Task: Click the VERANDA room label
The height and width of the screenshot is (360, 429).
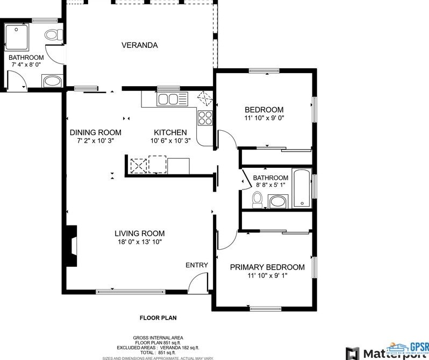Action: click(139, 45)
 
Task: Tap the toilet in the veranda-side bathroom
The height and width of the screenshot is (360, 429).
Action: click(51, 35)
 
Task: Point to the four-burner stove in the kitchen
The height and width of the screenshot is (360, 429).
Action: click(205, 117)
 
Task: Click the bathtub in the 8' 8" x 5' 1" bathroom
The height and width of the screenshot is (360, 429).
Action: click(302, 188)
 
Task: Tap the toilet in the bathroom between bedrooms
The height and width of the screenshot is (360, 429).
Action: click(257, 200)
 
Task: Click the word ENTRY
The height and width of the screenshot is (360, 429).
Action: click(196, 265)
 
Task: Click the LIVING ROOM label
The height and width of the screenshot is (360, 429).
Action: click(139, 234)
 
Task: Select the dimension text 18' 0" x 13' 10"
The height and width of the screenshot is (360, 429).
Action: click(139, 242)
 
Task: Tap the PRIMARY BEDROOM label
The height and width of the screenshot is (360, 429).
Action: click(267, 267)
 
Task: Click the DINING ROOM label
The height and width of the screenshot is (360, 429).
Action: click(95, 132)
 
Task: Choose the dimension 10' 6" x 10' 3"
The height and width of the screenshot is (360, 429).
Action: click(170, 141)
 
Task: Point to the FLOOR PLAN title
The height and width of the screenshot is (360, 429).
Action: click(158, 318)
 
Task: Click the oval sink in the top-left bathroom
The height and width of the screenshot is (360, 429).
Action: click(52, 82)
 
